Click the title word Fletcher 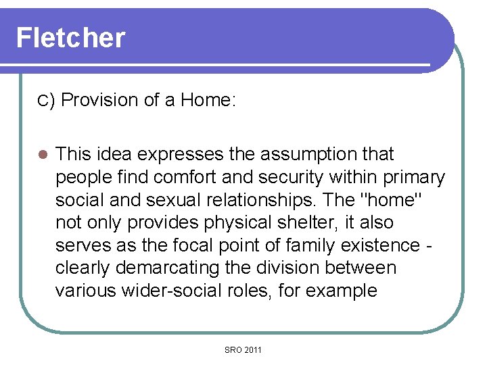tap(70, 38)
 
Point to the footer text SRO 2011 tap(242, 349)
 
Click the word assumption tap(302, 154)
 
